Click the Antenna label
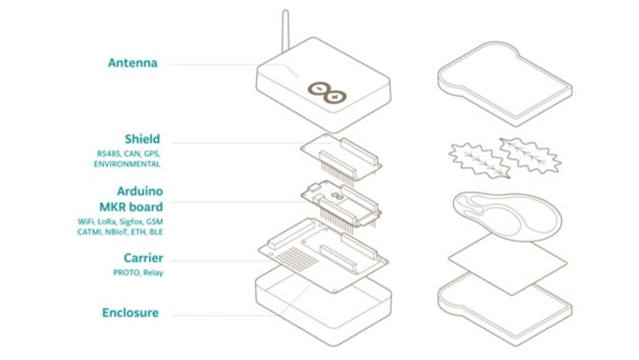(x=133, y=63)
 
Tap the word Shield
(x=142, y=139)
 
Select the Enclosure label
(x=130, y=313)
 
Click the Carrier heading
(x=143, y=258)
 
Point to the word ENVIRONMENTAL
(x=127, y=164)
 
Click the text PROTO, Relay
(x=138, y=273)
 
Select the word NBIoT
(x=116, y=232)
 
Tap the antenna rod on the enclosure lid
(x=285, y=31)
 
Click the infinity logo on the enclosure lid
(x=327, y=93)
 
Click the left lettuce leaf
(x=479, y=161)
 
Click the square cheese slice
(x=508, y=264)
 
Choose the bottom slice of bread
(x=505, y=310)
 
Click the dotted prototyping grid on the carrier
(x=297, y=259)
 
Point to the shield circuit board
(x=341, y=157)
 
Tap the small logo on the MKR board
(x=337, y=196)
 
